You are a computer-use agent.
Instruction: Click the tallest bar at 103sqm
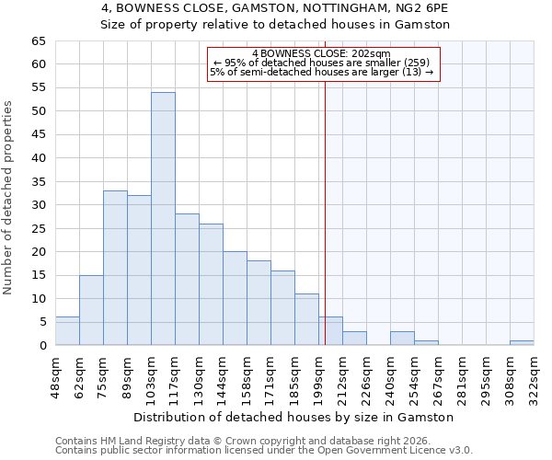point(163,219)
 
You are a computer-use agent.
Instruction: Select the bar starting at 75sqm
point(115,268)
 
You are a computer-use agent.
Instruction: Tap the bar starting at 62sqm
point(91,310)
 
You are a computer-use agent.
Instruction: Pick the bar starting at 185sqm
point(306,319)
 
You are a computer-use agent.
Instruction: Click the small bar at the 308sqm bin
point(522,342)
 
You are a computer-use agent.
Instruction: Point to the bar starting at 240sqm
point(402,338)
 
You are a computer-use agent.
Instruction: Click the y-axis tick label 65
point(38,41)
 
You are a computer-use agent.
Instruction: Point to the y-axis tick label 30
point(38,205)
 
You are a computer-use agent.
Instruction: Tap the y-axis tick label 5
point(41,322)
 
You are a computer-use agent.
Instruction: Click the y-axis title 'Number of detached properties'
point(9,198)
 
